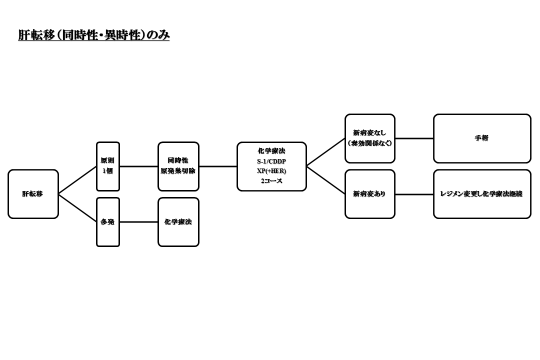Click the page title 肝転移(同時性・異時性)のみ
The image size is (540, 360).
tap(94, 35)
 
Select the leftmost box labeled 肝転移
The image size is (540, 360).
tap(33, 194)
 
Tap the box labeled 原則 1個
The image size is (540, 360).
tap(108, 166)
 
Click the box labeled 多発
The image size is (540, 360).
tap(108, 222)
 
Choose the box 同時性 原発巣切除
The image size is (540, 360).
tap(178, 166)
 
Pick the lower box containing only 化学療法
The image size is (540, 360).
tap(178, 222)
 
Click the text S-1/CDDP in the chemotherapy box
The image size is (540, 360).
tap(271, 161)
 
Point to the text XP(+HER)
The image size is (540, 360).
tap(271, 171)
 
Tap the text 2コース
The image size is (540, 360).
tap(271, 181)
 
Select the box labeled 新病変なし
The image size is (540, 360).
tap(370, 133)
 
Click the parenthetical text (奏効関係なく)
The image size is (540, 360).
tap(370, 143)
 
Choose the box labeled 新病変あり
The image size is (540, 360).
tap(370, 194)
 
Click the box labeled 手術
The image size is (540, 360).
tap(482, 138)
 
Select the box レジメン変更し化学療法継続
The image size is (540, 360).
tap(482, 194)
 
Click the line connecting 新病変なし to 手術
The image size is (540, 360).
tap(414, 138)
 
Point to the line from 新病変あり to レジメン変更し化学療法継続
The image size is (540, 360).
tap(414, 194)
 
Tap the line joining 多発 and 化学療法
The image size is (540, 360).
tap(138, 222)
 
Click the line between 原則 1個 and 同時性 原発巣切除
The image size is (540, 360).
tap(138, 166)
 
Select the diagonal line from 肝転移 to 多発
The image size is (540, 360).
tap(77, 208)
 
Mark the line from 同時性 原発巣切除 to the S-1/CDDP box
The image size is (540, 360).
tap(218, 166)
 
